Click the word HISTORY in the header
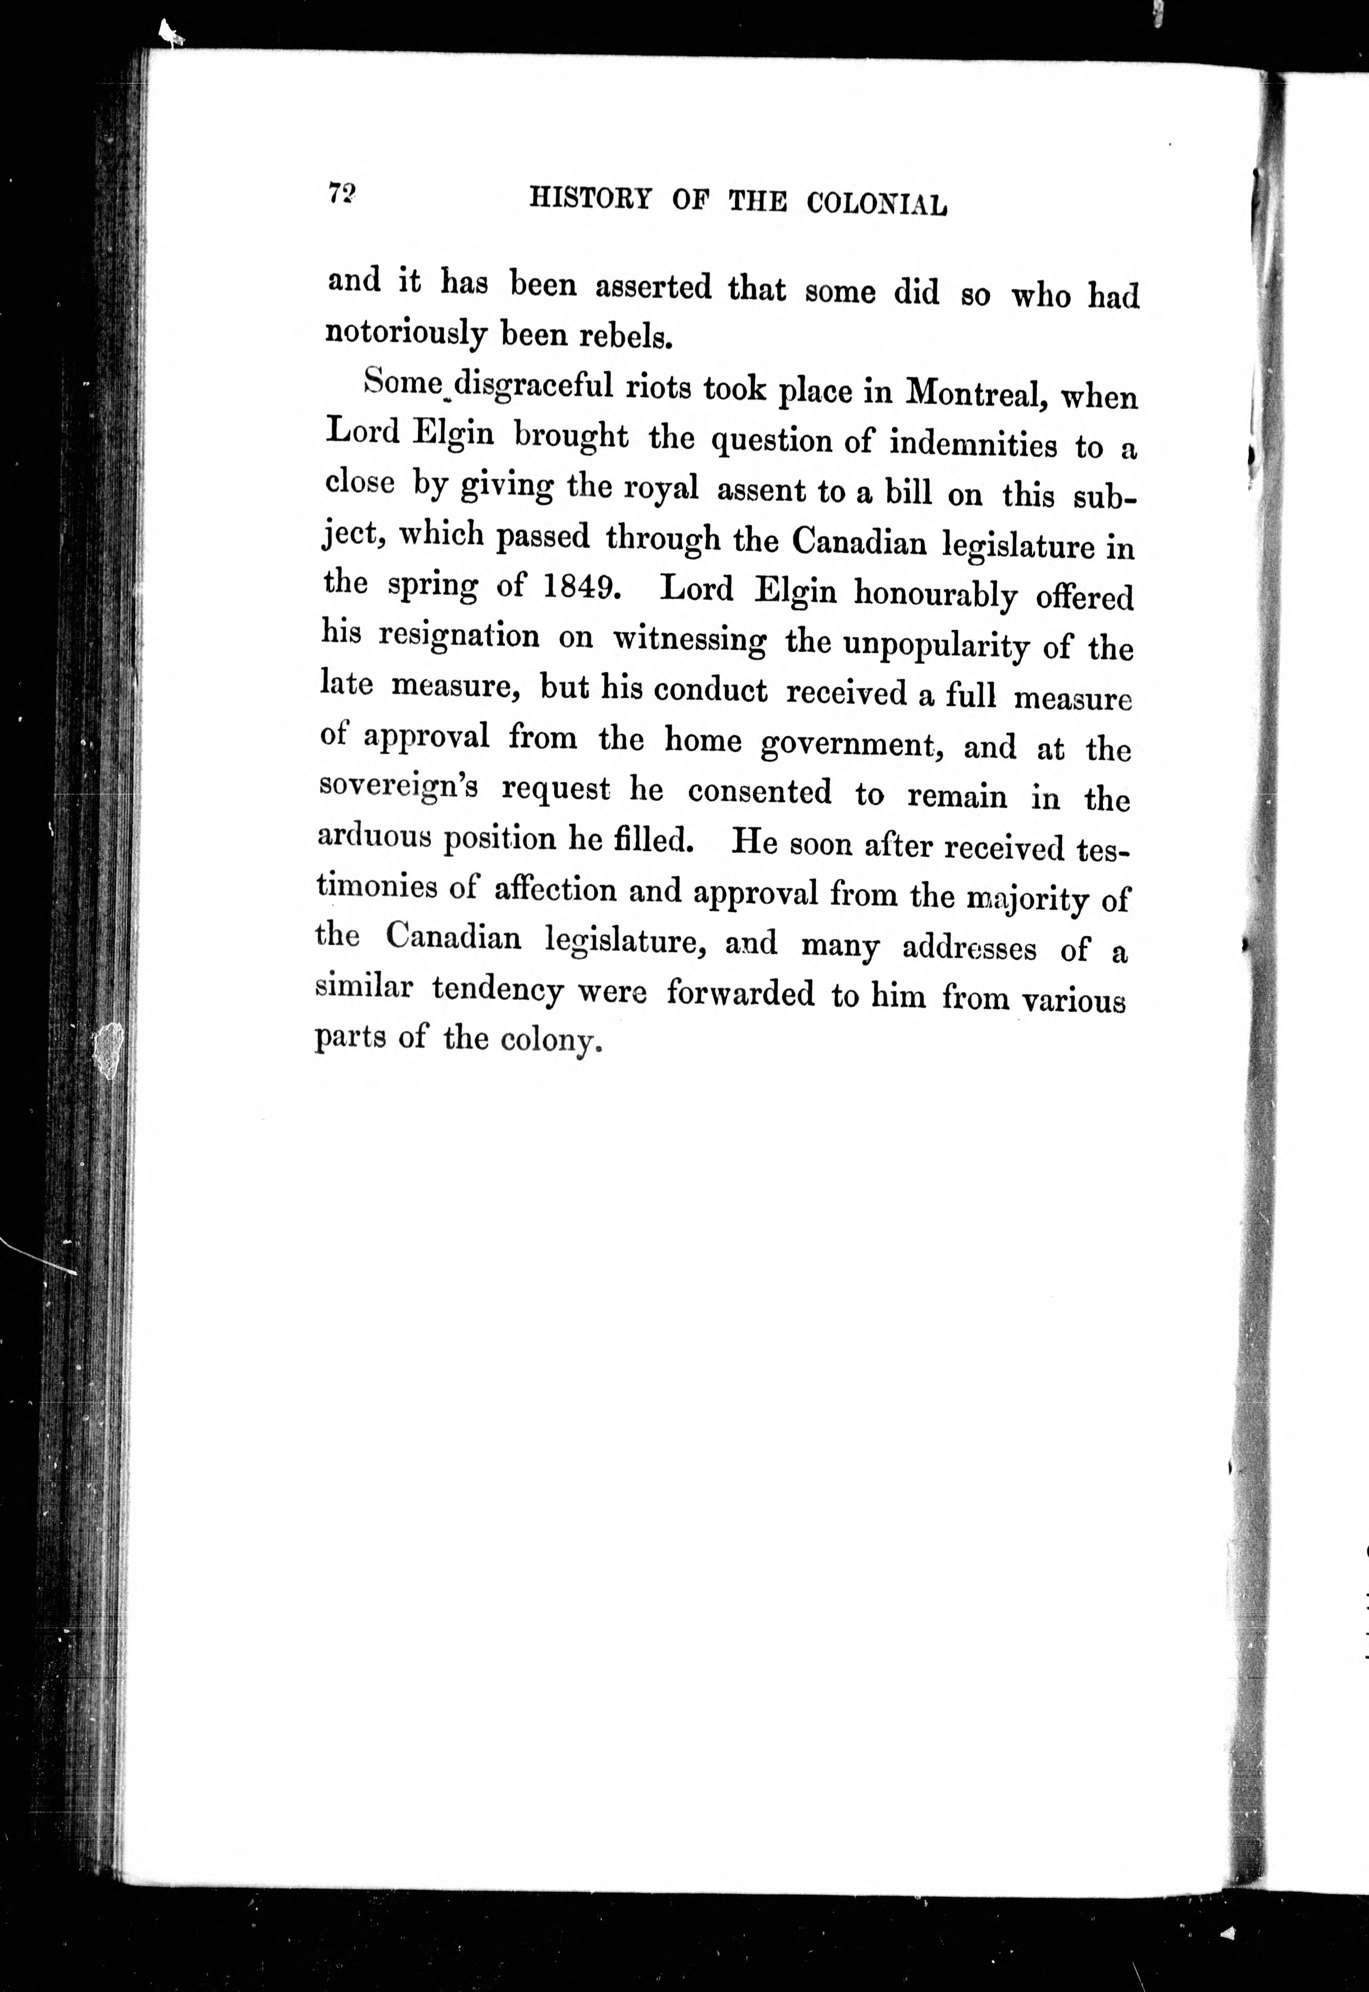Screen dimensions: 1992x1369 590,198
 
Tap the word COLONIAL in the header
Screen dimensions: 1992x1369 877,204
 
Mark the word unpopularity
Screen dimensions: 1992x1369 936,645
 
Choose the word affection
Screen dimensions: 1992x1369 555,890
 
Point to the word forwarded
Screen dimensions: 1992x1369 740,993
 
